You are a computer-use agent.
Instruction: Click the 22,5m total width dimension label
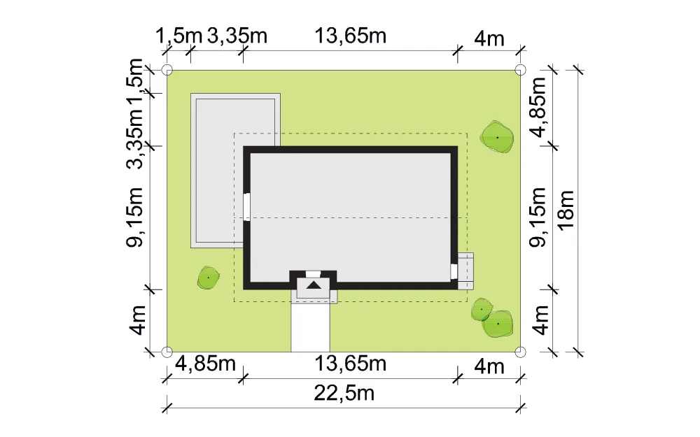coord(344,394)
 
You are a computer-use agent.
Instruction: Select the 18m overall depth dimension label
coord(566,210)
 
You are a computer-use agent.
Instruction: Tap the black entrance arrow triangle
coord(314,285)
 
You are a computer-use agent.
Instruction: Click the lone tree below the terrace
coord(208,278)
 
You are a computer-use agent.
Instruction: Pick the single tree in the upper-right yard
coord(497,137)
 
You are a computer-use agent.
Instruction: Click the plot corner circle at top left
coord(167,70)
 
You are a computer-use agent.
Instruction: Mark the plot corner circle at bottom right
coord(520,352)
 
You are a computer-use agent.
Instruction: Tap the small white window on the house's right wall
coord(454,271)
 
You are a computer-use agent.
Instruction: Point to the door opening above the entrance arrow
coord(314,274)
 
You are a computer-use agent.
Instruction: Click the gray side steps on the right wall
coord(465,271)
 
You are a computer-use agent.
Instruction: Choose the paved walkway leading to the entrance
coord(311,327)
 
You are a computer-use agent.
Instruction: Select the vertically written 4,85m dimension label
coord(538,108)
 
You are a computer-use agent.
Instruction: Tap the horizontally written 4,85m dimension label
coord(205,364)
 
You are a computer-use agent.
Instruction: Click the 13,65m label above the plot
coord(351,36)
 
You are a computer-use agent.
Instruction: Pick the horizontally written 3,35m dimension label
coord(237,36)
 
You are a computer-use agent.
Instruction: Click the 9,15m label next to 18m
coord(538,217)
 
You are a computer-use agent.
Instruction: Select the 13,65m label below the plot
coord(351,364)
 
